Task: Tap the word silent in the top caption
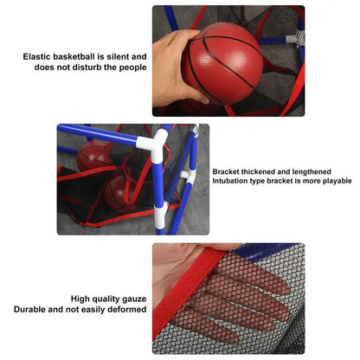click(114, 56)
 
